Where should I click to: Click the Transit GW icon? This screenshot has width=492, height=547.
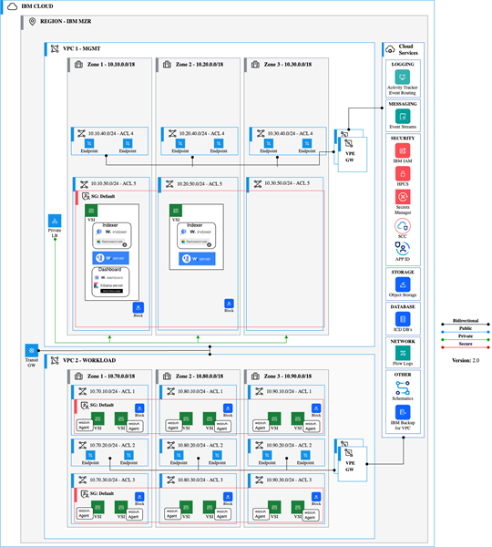31,350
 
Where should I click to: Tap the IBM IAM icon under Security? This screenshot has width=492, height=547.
402,150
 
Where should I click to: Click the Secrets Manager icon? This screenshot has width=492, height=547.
402,196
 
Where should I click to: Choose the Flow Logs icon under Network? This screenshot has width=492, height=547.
402,352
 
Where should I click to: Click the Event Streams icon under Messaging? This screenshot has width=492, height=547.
402,116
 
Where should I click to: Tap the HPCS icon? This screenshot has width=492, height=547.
402,173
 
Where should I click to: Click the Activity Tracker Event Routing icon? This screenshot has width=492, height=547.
402,78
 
